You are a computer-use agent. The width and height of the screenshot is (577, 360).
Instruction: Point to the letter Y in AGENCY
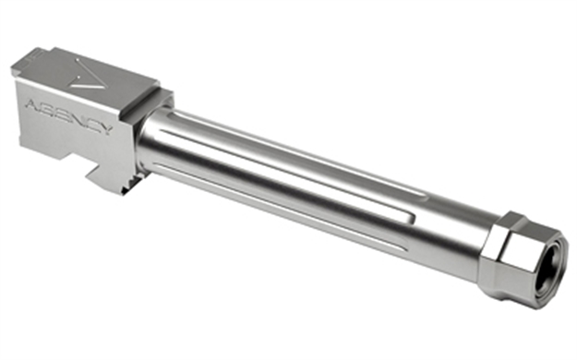105,129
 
